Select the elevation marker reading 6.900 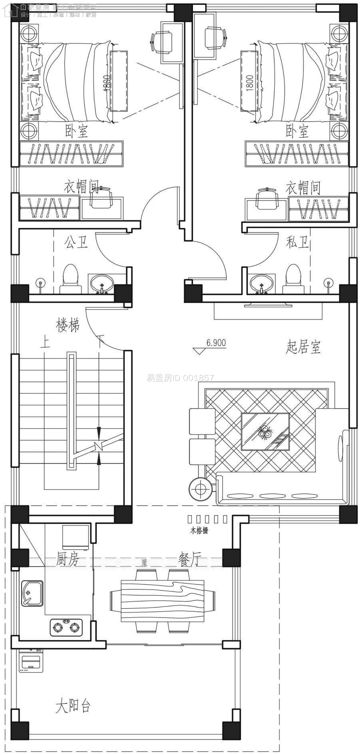(x=216, y=343)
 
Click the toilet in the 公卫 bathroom (x=70, y=278)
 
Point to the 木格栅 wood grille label (x=199, y=530)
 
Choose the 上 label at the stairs (x=45, y=342)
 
